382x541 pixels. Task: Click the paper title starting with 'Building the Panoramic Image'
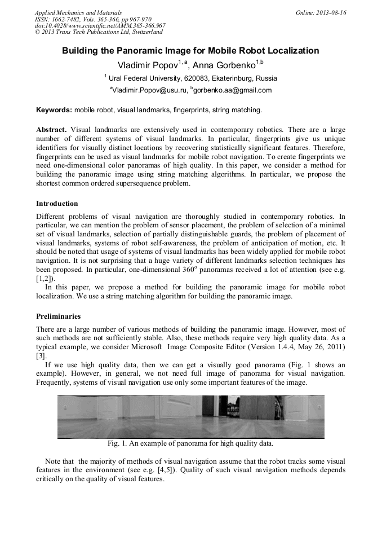[190, 51]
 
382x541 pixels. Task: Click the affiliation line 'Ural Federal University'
[192, 78]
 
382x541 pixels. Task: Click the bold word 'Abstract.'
[52, 130]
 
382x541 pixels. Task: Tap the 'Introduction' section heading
[57, 204]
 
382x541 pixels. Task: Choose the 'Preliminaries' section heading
[58, 316]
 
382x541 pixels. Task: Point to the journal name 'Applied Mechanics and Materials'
[78, 12]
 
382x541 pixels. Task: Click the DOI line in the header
[100, 25]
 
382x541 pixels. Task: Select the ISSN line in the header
[93, 19]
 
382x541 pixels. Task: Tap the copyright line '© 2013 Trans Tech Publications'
[99, 32]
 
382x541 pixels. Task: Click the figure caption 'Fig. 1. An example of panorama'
[190, 443]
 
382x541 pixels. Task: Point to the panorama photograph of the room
[190, 416]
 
